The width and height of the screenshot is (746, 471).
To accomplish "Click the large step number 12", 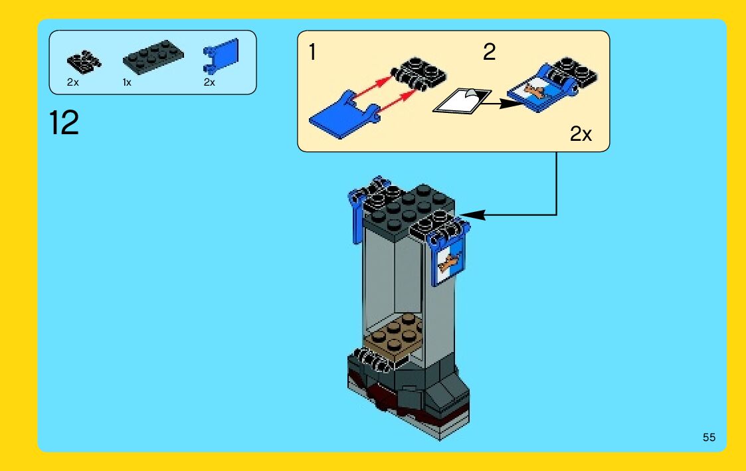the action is coord(64,124).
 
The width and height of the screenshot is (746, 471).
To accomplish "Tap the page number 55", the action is coord(709,437).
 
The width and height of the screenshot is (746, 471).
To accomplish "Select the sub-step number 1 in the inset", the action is coord(312,52).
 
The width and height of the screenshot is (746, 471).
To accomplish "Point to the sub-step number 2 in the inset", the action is coord(489,52).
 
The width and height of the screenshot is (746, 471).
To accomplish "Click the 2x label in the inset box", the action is coord(581,135).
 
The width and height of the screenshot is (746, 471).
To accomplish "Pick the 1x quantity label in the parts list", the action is coord(127,82).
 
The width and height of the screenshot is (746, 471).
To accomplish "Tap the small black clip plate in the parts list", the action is coord(84,62).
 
